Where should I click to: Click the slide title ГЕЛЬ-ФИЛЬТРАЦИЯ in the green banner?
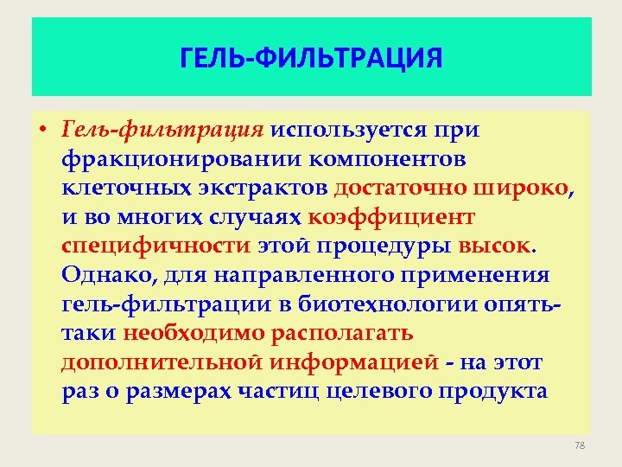(x=311, y=58)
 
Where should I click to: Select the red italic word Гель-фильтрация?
(x=162, y=130)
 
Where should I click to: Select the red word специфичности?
(x=155, y=246)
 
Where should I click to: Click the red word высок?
(x=497, y=246)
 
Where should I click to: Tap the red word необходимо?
(x=194, y=333)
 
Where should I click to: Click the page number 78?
(x=579, y=445)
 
